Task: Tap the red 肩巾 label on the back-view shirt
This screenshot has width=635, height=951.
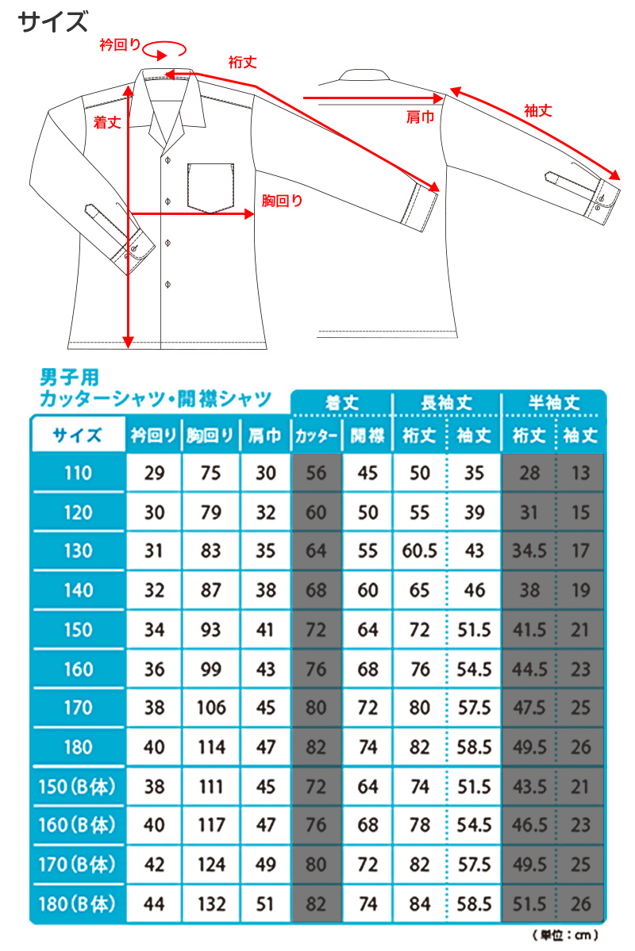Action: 420,117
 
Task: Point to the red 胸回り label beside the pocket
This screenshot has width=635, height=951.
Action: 283,201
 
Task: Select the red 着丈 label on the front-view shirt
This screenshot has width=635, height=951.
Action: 106,123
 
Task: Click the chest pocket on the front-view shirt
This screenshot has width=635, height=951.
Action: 211,187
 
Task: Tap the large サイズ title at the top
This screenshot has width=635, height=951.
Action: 53,21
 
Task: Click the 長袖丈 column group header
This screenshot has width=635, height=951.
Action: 446,403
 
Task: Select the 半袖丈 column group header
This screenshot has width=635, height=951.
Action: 554,403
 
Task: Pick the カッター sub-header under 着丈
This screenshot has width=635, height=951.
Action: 316,435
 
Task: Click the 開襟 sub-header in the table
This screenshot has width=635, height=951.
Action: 368,435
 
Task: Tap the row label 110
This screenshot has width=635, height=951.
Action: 78,474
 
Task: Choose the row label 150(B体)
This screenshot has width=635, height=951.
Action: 78,787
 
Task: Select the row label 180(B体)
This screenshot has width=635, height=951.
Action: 78,903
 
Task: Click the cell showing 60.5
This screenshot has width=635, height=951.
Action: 420,551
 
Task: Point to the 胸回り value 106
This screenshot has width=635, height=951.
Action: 211,707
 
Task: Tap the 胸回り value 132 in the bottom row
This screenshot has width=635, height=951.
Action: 211,903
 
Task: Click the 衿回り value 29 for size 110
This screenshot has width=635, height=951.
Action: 155,474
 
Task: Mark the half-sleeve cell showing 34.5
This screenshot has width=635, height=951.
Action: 529,551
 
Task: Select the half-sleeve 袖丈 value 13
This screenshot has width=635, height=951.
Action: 580,474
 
